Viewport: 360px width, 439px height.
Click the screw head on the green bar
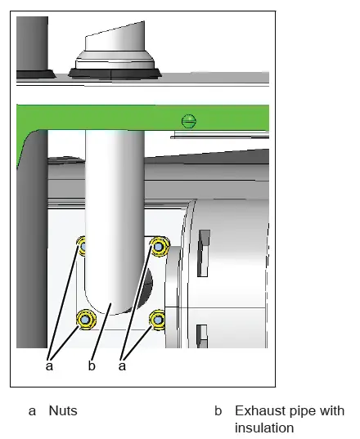[x=190, y=121]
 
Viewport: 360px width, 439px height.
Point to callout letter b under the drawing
[x=92, y=365]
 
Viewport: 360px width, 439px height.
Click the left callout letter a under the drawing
[x=49, y=365]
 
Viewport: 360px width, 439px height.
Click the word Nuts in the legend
[x=63, y=410]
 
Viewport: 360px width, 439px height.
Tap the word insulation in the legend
[x=263, y=428]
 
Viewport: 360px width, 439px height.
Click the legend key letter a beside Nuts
[x=33, y=410]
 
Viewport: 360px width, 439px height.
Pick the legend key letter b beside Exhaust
[x=218, y=410]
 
